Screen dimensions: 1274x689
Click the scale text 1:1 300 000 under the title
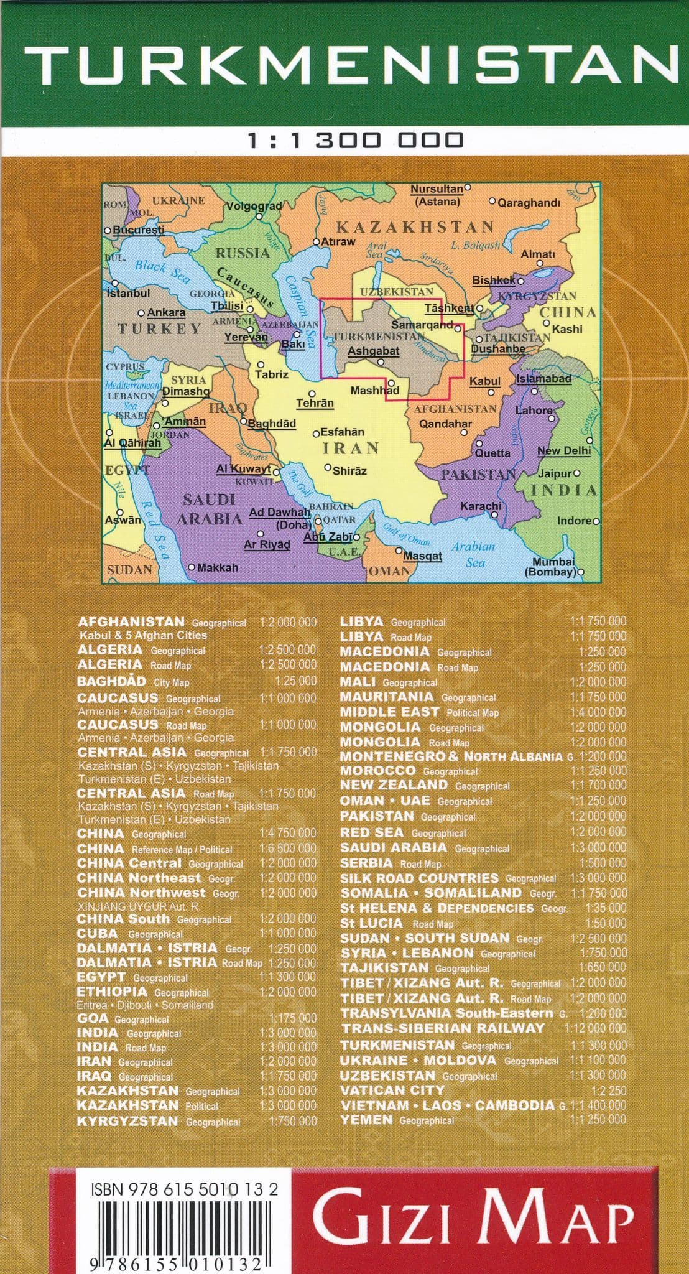point(356,140)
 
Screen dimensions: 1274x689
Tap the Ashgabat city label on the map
point(373,351)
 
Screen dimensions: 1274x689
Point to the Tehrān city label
point(315,403)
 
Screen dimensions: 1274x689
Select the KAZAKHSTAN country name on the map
point(415,227)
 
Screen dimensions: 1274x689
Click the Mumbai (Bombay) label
point(552,567)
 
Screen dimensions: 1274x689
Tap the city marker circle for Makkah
point(192,567)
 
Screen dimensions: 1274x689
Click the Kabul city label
point(484,381)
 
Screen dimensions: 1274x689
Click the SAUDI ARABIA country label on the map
point(209,509)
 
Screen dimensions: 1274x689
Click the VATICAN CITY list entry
point(392,1090)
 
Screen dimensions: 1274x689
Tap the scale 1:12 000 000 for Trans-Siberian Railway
point(594,1028)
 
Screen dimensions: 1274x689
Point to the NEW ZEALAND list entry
point(425,785)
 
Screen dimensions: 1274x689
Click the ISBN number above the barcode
point(184,1189)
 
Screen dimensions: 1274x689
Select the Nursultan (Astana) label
point(437,195)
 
